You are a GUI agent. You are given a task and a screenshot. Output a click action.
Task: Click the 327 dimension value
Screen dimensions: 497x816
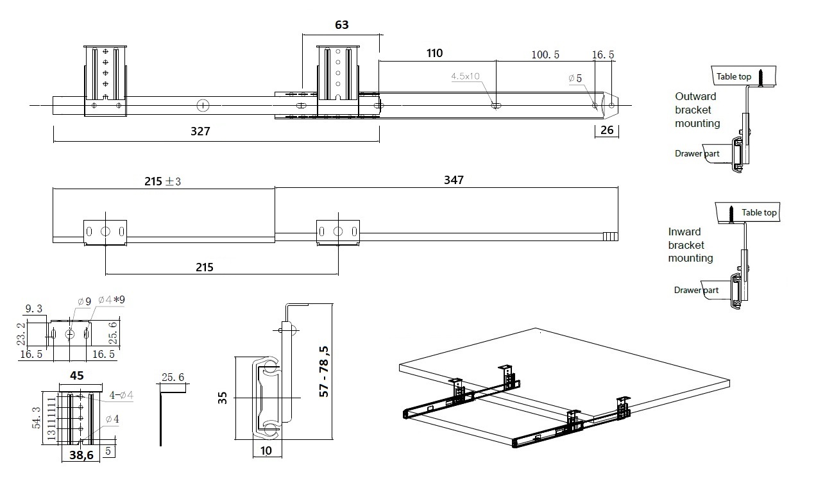pyautogui.click(x=201, y=131)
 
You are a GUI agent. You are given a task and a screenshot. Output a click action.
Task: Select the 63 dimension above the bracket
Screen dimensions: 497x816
pyautogui.click(x=342, y=25)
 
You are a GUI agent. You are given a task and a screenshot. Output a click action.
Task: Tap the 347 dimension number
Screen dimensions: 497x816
pyautogui.click(x=453, y=180)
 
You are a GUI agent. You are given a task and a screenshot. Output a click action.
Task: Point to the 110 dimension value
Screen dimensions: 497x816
pyautogui.click(x=434, y=53)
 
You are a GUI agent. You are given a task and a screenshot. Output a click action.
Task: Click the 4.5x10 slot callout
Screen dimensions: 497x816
pyautogui.click(x=466, y=76)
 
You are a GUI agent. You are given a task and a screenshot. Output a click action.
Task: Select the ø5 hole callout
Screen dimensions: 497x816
pyautogui.click(x=575, y=78)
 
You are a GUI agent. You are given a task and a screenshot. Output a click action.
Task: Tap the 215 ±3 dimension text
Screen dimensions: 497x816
pyautogui.click(x=162, y=181)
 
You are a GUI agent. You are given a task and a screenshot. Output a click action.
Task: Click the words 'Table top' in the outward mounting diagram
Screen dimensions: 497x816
pyautogui.click(x=734, y=76)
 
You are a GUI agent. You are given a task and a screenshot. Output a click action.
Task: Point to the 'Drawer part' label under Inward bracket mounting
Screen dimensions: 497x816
pyautogui.click(x=696, y=291)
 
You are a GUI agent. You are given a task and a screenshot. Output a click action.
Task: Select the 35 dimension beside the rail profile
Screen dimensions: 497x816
pyautogui.click(x=223, y=398)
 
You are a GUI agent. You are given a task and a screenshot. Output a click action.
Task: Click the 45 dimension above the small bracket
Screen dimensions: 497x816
pyautogui.click(x=77, y=375)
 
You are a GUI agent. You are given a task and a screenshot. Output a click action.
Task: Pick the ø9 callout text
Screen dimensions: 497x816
pyautogui.click(x=84, y=301)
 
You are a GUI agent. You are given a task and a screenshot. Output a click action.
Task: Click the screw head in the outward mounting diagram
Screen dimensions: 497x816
pyautogui.click(x=760, y=71)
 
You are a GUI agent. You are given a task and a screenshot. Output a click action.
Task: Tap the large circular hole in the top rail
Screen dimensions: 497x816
pyautogui.click(x=203, y=105)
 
